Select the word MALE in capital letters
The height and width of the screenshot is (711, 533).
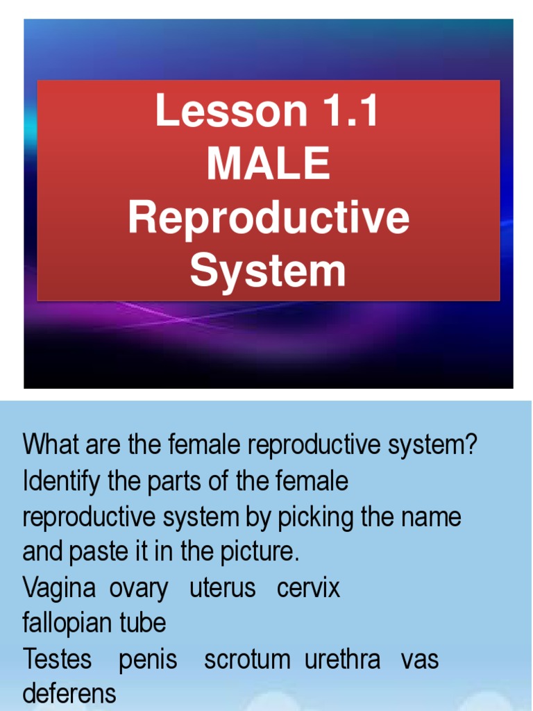pyautogui.click(x=268, y=164)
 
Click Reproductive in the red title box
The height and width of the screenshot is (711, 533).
pyautogui.click(x=268, y=218)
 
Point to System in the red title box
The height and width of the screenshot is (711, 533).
pyautogui.click(x=268, y=271)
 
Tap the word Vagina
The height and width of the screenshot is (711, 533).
pyautogui.click(x=59, y=587)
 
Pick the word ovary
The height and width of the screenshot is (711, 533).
pyautogui.click(x=139, y=589)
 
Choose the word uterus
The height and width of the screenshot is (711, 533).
pyautogui.click(x=223, y=587)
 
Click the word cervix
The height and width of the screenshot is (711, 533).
pyautogui.click(x=308, y=587)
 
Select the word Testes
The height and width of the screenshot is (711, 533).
pyautogui.click(x=57, y=659)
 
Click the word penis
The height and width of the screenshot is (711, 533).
pyautogui.click(x=148, y=660)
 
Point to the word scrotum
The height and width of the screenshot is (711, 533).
pyautogui.click(x=247, y=660)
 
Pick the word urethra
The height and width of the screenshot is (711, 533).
pyautogui.click(x=342, y=659)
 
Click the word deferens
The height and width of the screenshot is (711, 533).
pyautogui.click(x=69, y=694)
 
